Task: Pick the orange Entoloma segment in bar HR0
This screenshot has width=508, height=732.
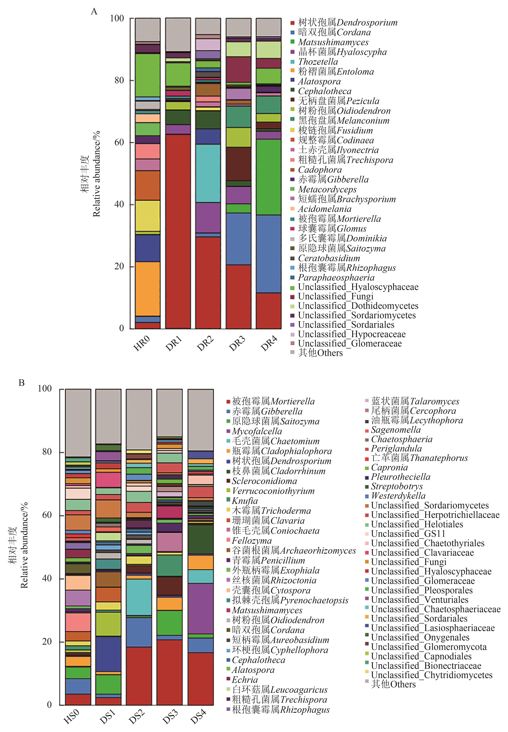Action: [147, 289]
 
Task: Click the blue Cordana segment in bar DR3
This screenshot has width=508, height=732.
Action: [238, 239]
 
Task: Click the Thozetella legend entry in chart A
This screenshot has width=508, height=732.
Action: [318, 62]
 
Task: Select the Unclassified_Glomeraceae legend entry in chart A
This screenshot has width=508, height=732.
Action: [349, 344]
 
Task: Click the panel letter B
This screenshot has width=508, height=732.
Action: [22, 383]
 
